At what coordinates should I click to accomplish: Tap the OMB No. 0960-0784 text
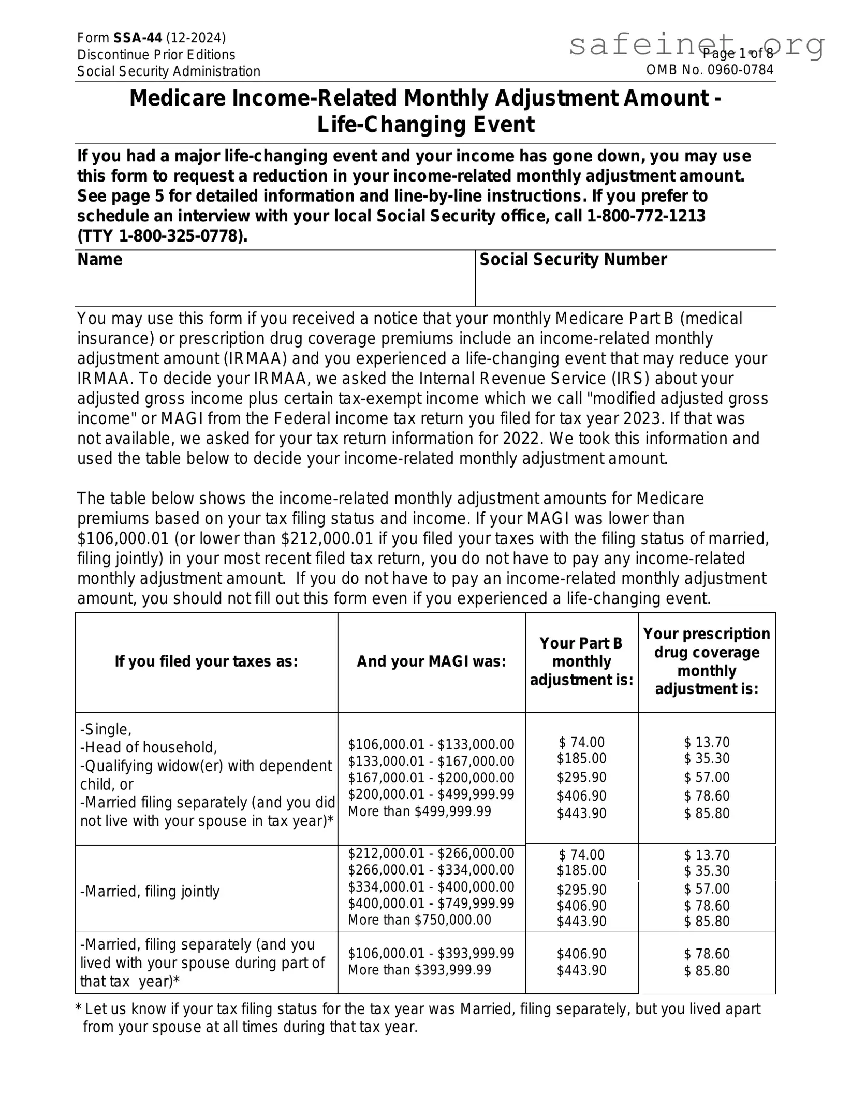710,70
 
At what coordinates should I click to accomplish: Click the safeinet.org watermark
696,46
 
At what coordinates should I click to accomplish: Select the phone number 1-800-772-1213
646,216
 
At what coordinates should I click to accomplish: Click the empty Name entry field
274,287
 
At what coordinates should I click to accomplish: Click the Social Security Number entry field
625,287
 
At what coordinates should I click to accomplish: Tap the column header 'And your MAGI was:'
431,662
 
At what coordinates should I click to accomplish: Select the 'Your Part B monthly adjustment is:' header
581,661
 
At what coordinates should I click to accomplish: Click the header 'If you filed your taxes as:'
206,662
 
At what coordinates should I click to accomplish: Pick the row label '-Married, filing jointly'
150,892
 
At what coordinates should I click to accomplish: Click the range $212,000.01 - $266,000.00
431,854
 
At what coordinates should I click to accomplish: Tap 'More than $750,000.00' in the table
419,920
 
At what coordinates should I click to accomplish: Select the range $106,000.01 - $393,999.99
431,954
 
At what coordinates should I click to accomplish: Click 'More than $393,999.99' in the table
419,970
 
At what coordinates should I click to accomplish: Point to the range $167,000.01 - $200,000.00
431,778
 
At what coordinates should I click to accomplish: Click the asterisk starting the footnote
79,1009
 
